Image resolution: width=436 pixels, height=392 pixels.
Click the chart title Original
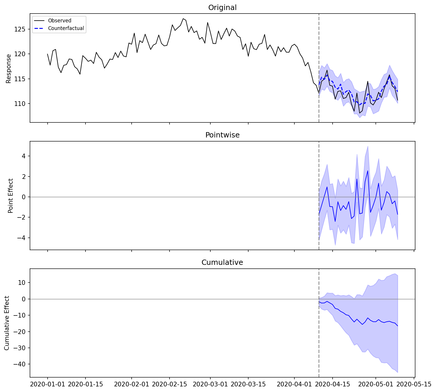[x=222, y=8]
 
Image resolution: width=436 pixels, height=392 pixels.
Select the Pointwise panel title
[x=222, y=135]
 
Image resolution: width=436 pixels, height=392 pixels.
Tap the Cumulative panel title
[x=222, y=263]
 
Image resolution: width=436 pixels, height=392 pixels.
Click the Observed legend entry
[x=60, y=21]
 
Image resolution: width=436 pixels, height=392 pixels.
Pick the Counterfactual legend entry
[x=66, y=29]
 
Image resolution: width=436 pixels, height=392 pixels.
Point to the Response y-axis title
[x=9, y=69]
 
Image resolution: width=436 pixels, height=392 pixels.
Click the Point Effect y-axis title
[x=11, y=196]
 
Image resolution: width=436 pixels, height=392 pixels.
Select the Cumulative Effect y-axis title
[x=7, y=323]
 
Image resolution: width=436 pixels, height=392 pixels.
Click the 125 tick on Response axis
[x=21, y=29]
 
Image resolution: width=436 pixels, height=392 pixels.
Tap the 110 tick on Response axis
[x=21, y=104]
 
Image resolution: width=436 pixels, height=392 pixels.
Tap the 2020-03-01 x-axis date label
[x=210, y=384]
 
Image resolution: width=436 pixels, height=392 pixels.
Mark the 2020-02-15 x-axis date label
[x=169, y=384]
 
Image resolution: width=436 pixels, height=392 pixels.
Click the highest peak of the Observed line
[x=183, y=19]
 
